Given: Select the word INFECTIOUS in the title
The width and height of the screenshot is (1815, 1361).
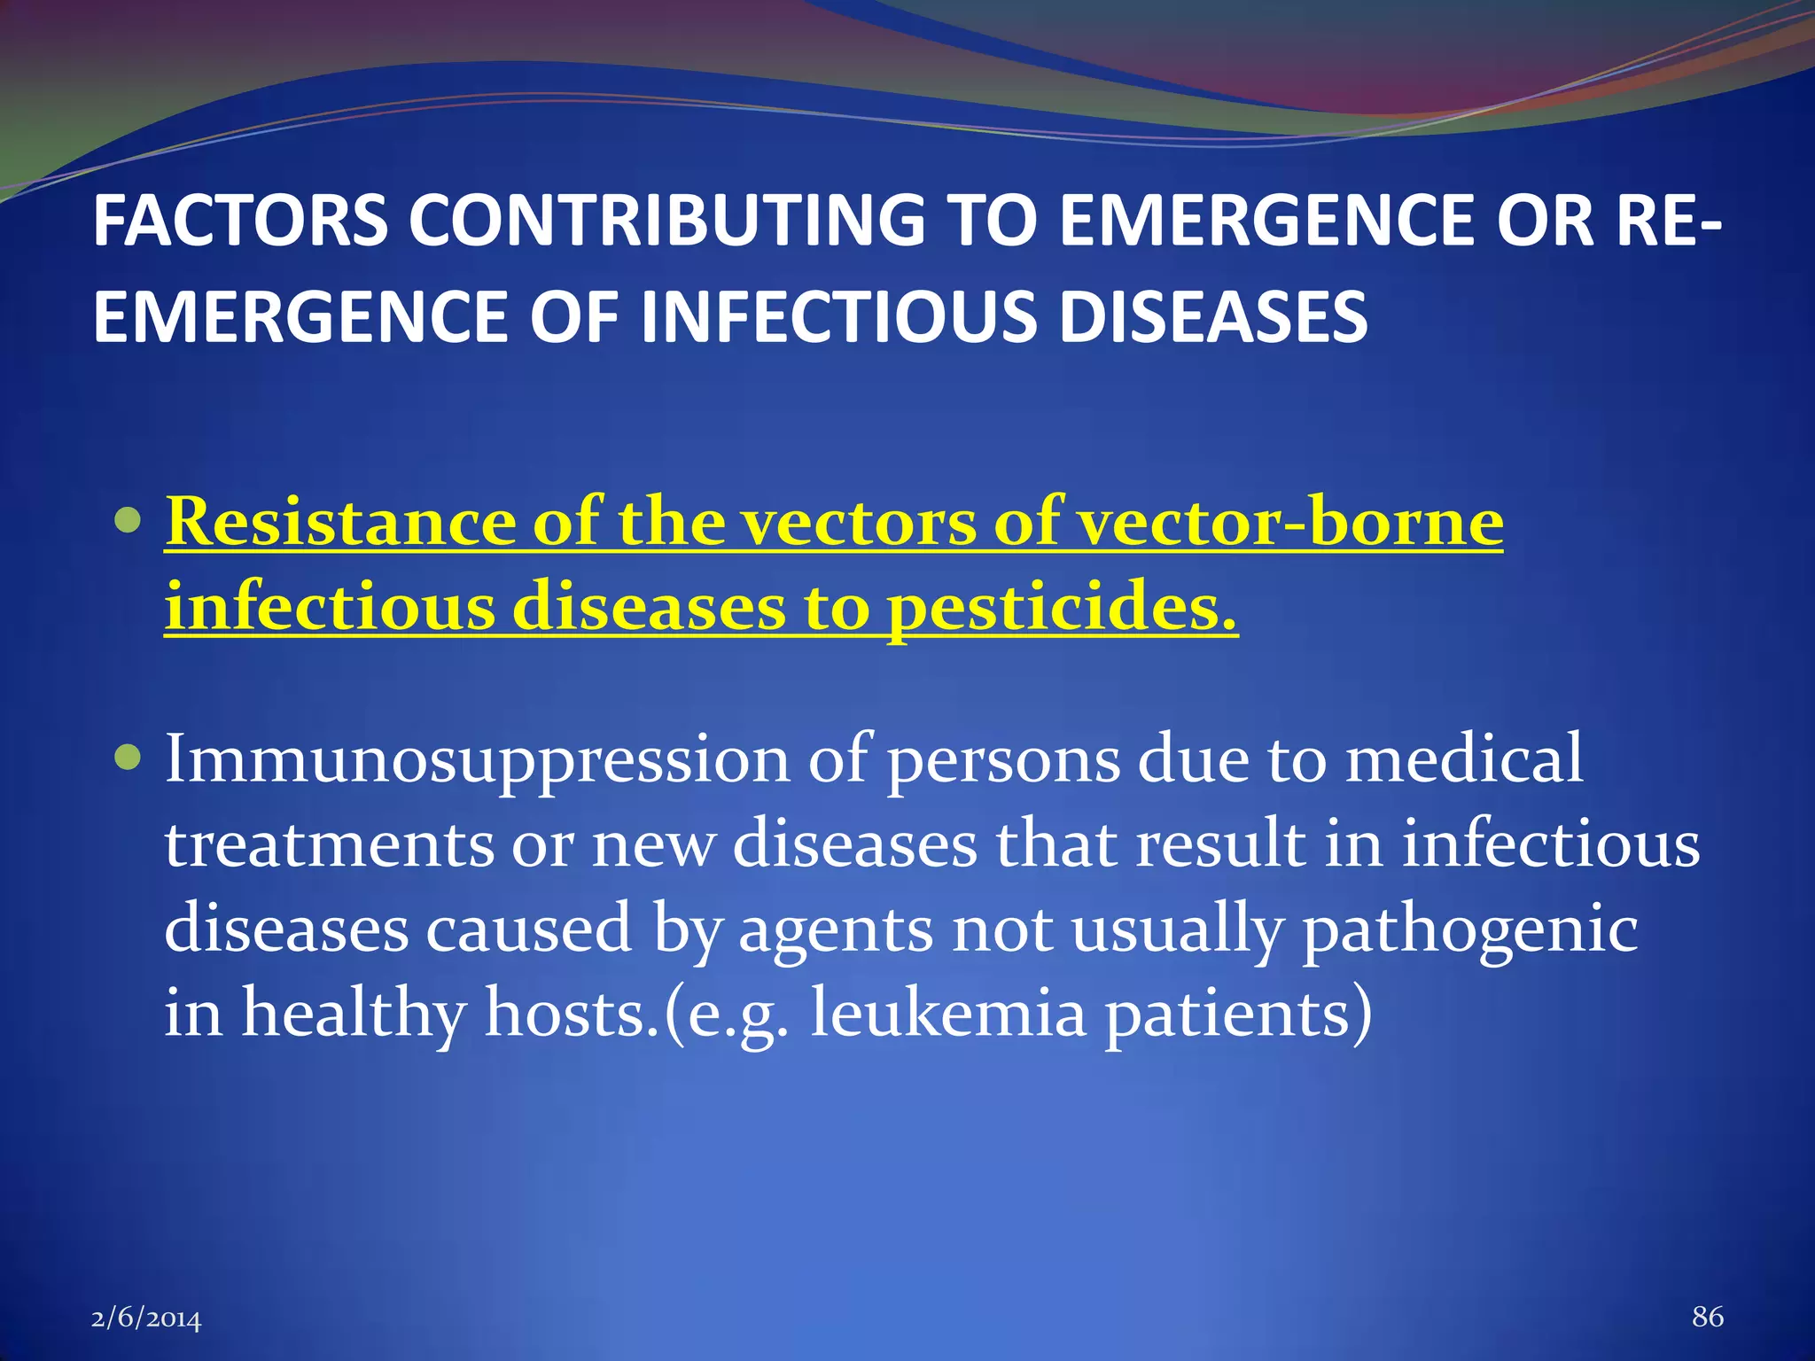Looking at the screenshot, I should (x=837, y=317).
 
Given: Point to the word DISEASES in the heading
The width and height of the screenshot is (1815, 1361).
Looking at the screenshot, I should (x=1213, y=317).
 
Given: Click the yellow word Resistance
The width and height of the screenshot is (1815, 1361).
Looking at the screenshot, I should (x=341, y=523).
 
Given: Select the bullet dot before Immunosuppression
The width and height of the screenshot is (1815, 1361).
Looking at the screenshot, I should (x=129, y=758).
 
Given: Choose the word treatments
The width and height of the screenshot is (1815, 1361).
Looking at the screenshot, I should (x=329, y=844).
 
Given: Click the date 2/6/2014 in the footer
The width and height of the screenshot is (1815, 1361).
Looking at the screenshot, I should (x=146, y=1318).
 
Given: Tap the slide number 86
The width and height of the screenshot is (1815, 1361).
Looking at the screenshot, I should (x=1707, y=1317).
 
